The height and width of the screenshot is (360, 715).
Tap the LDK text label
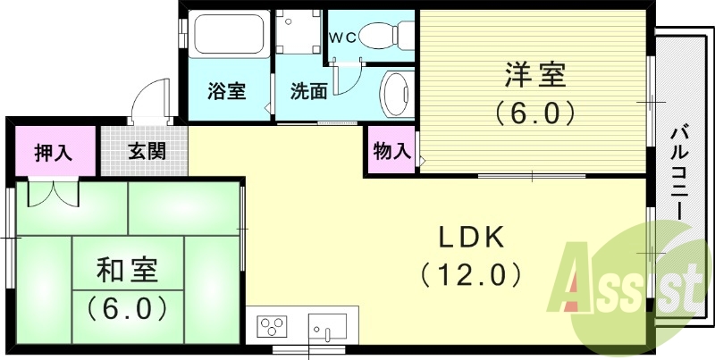472,238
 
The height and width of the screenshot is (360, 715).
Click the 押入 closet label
53,151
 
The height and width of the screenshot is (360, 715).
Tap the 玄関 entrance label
145,151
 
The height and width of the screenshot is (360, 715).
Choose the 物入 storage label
391,152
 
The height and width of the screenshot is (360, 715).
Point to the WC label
343,38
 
